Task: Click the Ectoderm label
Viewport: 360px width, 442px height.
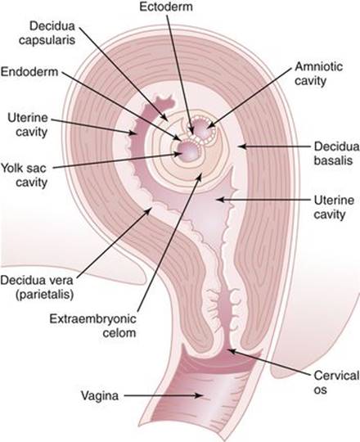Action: pyautogui.click(x=166, y=7)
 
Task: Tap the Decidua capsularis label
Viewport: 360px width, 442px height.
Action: pyautogui.click(x=47, y=33)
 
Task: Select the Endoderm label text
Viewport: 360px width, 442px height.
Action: pyautogui.click(x=29, y=72)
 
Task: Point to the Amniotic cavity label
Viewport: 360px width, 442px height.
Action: pyautogui.click(x=318, y=74)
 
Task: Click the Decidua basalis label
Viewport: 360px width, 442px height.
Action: pyautogui.click(x=336, y=153)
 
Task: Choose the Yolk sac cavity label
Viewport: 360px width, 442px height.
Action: pyautogui.click(x=25, y=175)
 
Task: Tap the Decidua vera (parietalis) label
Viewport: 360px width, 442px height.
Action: pyautogui.click(x=37, y=287)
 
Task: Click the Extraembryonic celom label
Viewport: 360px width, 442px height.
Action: pyautogui.click(x=93, y=326)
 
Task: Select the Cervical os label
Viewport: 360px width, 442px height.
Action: pyautogui.click(x=336, y=382)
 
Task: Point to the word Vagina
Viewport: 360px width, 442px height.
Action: pyautogui.click(x=100, y=395)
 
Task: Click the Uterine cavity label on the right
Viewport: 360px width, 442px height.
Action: pyautogui.click(x=334, y=207)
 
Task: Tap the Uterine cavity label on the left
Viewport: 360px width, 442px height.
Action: pyautogui.click(x=28, y=125)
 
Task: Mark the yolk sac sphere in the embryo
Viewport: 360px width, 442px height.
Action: pyautogui.click(x=188, y=151)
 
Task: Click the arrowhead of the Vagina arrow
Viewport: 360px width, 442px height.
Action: pyautogui.click(x=200, y=395)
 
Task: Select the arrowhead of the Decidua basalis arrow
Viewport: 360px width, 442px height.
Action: pyautogui.click(x=241, y=147)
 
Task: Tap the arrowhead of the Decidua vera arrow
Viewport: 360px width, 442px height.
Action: pyautogui.click(x=150, y=212)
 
